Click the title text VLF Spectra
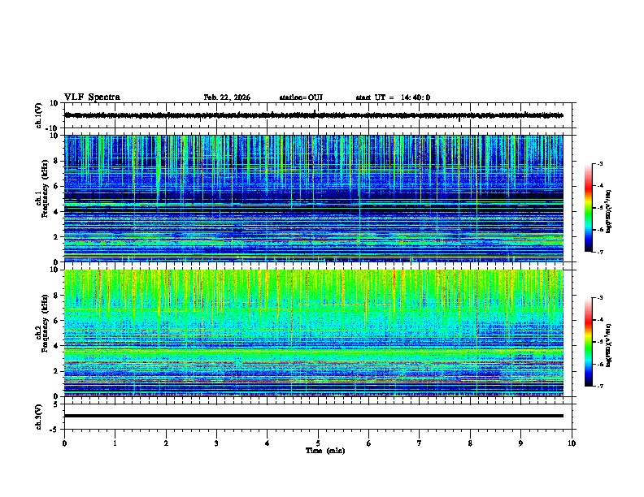click(x=92, y=97)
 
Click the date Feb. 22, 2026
click(x=227, y=97)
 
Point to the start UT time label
click(x=393, y=97)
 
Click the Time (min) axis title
click(x=324, y=450)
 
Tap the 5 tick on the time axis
click(x=318, y=443)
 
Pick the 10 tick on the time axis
click(x=572, y=443)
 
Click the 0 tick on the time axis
click(x=64, y=443)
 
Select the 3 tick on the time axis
click(x=216, y=443)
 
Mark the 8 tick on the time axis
click(x=470, y=443)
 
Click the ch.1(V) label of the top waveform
click(x=39, y=115)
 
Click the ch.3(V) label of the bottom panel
click(x=39, y=416)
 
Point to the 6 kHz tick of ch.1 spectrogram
click(x=57, y=186)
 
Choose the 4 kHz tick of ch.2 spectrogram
click(x=57, y=345)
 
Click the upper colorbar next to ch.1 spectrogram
click(x=588, y=208)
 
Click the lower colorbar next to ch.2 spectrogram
click(x=588, y=342)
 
